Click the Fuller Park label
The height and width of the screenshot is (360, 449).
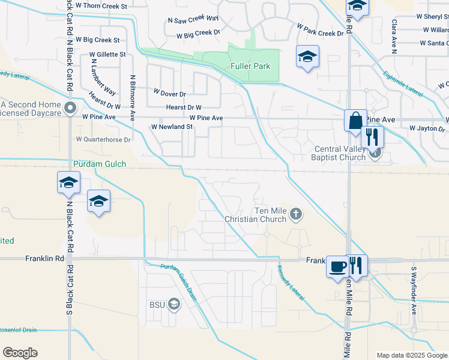pyautogui.click(x=250, y=66)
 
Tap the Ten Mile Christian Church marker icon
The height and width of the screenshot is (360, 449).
pyautogui.click(x=295, y=213)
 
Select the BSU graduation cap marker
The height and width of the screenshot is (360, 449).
pyautogui.click(x=174, y=305)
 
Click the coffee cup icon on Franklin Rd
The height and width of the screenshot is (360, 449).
pyautogui.click(x=337, y=265)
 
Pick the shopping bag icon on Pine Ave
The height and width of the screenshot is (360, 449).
pyautogui.click(x=355, y=120)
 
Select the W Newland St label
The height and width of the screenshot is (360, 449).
pyautogui.click(x=172, y=127)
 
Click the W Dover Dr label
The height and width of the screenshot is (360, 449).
pyautogui.click(x=170, y=94)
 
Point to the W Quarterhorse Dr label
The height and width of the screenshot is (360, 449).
pyautogui.click(x=103, y=139)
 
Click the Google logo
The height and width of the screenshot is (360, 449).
pyautogui.click(x=20, y=353)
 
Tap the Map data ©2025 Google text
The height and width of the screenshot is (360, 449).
pyautogui.click(x=411, y=355)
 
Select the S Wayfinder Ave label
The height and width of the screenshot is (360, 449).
pyautogui.click(x=414, y=291)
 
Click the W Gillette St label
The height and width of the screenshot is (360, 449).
pyautogui.click(x=107, y=54)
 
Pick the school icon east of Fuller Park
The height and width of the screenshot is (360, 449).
pyautogui.click(x=307, y=57)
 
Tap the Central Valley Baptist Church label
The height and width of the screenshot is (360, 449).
pyautogui.click(x=340, y=154)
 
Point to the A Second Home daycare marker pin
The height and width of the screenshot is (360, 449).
pyautogui.click(x=70, y=109)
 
